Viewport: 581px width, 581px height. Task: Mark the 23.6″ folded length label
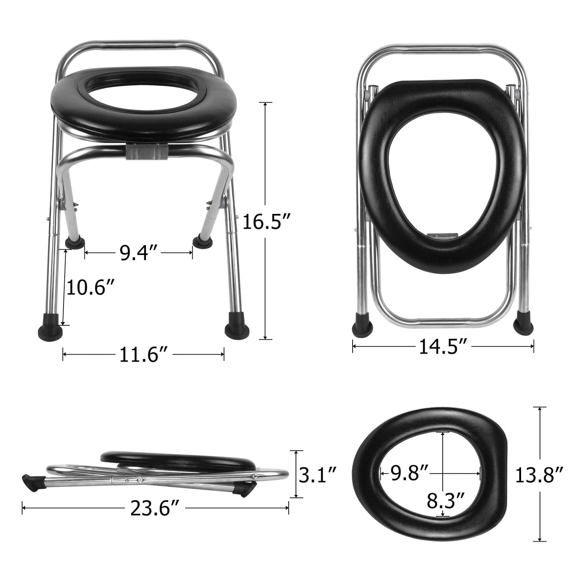pyautogui.click(x=154, y=509)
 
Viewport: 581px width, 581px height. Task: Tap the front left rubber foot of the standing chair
pyautogui.click(x=49, y=331)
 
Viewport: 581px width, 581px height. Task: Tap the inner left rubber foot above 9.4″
pyautogui.click(x=75, y=242)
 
